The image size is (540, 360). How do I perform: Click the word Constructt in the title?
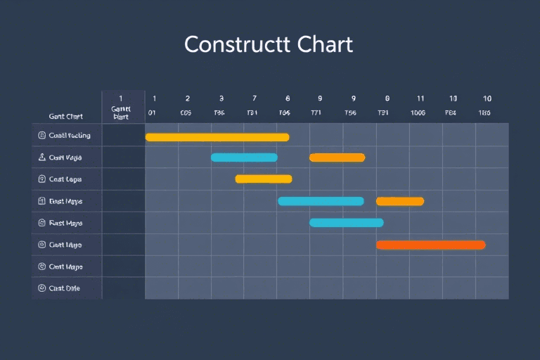coord(228,44)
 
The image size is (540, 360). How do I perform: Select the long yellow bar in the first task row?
coord(217,136)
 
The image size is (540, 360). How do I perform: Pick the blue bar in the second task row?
coord(244,157)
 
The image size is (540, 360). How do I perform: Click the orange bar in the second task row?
coord(337,157)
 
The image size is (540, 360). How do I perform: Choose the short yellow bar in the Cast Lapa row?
coord(263,179)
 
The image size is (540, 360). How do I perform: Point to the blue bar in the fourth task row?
coord(321,201)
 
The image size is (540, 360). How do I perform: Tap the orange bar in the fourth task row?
coord(399,201)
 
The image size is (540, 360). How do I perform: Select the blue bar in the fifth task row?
coord(346,223)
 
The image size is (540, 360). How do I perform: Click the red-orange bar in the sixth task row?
coord(430,245)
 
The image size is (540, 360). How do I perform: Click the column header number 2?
coord(188,99)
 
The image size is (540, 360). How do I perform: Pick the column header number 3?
coord(221,99)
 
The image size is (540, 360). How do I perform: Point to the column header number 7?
coord(254,99)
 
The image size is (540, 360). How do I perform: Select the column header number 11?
coord(420,99)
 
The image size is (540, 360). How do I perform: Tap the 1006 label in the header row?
coord(418,112)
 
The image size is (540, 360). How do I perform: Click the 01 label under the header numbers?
coord(152,112)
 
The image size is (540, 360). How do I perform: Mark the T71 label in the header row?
coord(317,112)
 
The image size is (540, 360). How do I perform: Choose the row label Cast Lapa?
coord(65,179)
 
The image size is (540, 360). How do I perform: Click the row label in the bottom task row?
coord(65,288)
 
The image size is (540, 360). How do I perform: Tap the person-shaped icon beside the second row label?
coord(41,157)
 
